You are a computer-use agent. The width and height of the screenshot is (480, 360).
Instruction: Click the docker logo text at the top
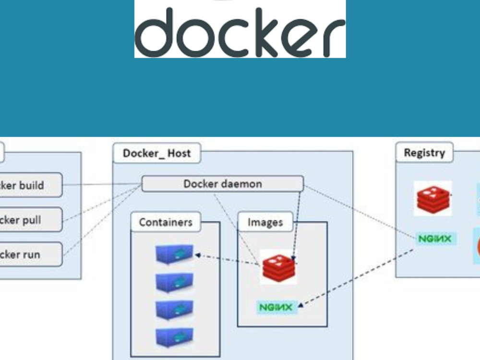240,32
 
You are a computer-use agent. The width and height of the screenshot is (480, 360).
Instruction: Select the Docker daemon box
223,184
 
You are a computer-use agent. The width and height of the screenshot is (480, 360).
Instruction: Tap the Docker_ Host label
156,154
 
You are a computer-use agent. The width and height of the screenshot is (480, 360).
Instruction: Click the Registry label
424,153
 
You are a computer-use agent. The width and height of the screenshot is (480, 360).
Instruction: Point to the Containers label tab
166,223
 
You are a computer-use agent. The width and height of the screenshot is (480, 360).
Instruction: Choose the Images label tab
265,223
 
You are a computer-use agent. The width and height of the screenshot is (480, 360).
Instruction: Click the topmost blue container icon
174,254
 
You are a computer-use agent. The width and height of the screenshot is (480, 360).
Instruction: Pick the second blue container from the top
174,282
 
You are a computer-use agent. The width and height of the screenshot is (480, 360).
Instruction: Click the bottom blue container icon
174,337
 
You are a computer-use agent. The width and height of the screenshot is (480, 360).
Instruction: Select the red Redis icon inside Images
279,266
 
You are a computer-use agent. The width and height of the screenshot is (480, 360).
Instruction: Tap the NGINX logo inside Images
277,307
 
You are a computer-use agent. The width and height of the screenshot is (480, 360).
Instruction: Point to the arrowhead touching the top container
197,256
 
